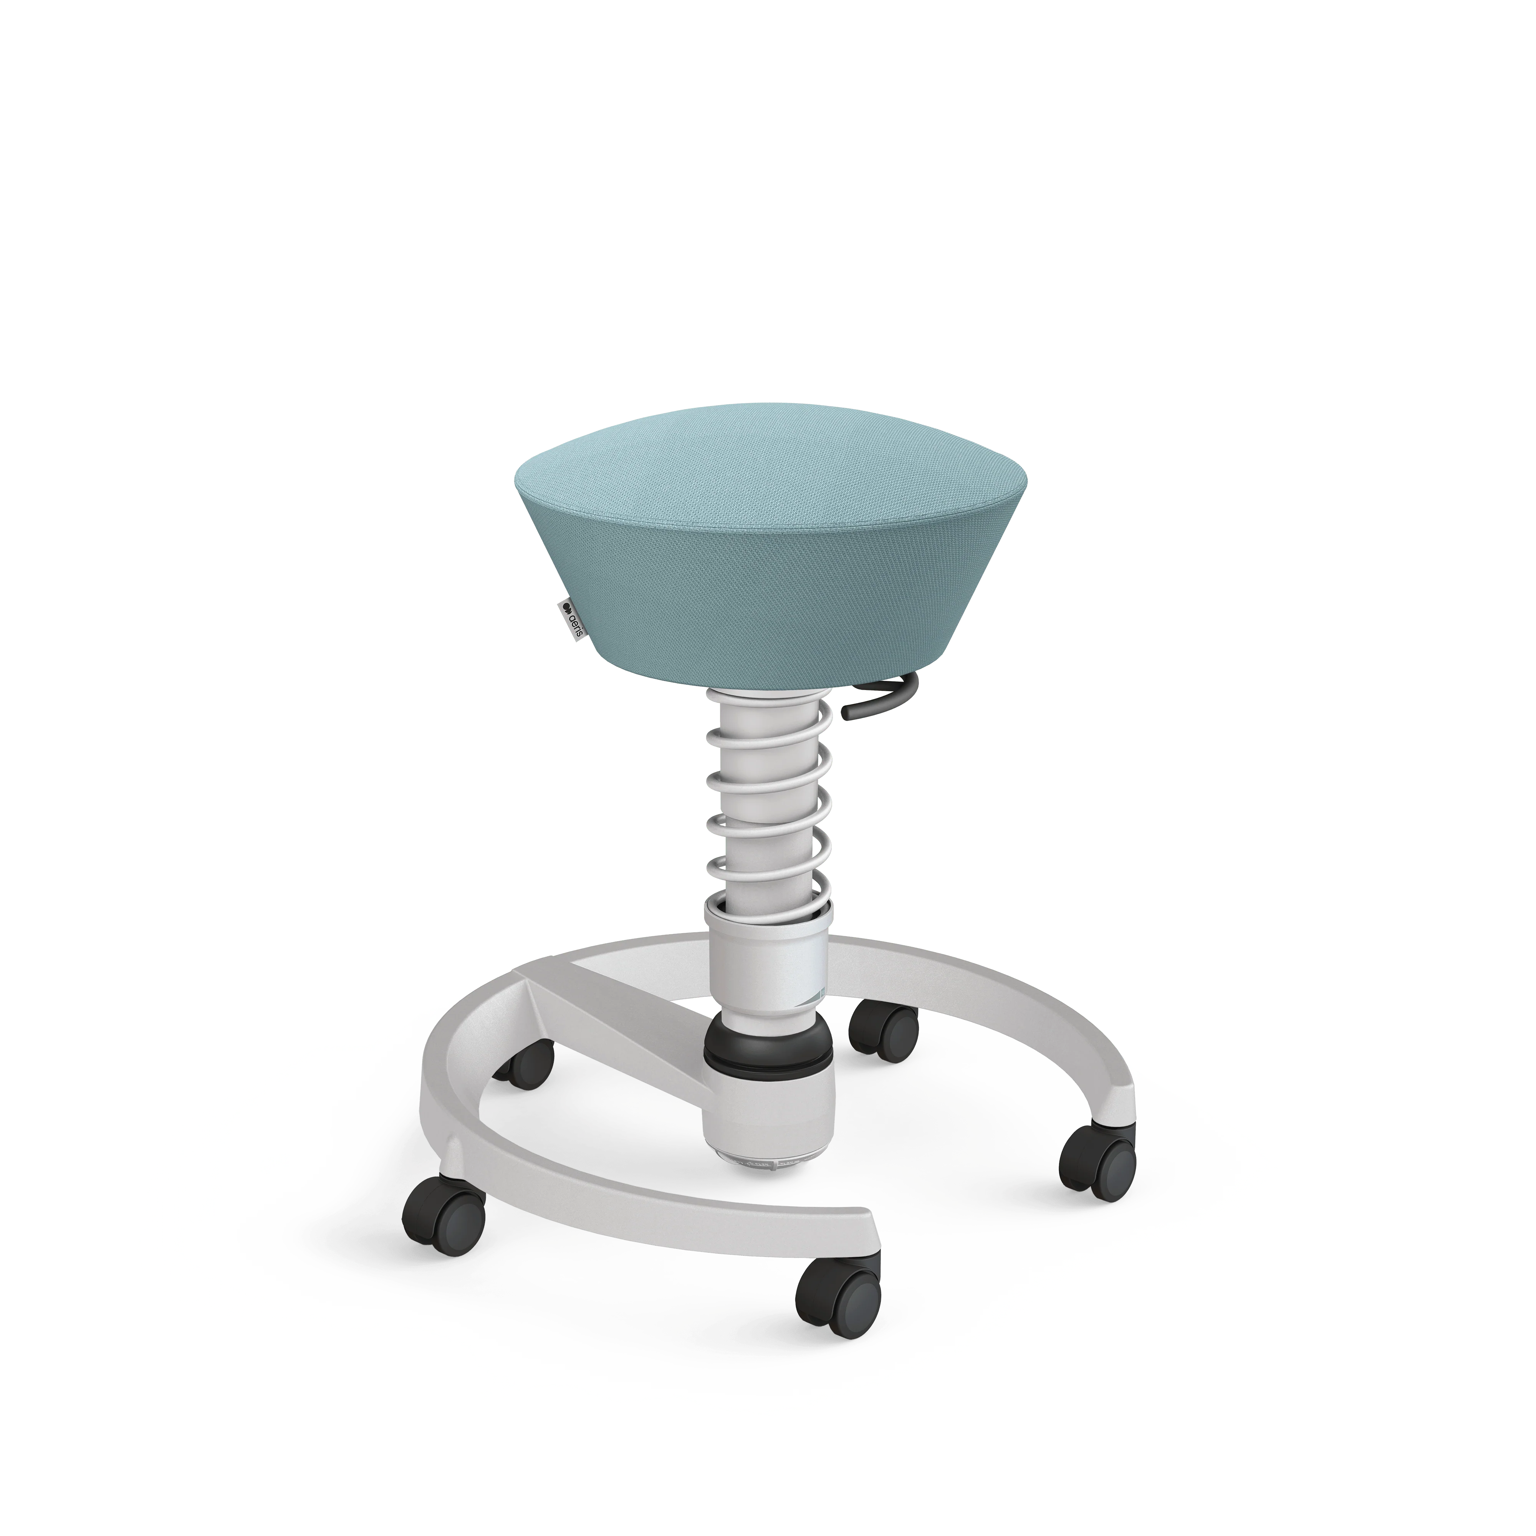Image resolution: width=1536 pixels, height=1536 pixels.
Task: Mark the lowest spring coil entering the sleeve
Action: [x=767, y=906]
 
